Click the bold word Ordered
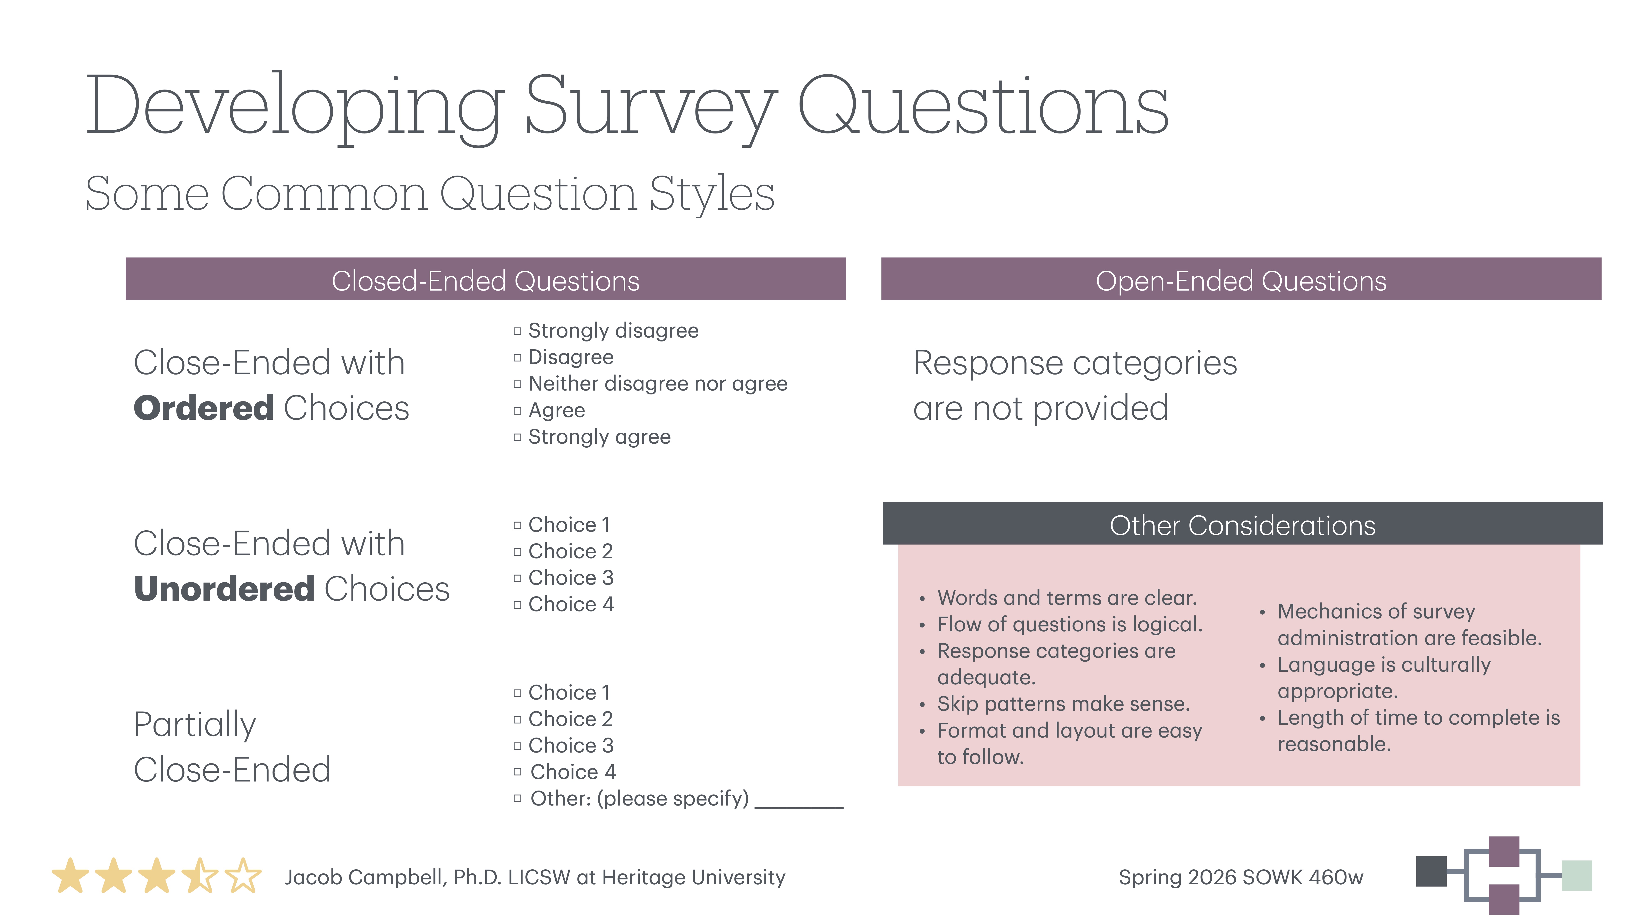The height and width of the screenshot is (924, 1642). (x=203, y=408)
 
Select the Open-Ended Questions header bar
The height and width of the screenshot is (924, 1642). (x=1240, y=279)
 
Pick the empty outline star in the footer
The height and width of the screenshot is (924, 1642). (x=243, y=876)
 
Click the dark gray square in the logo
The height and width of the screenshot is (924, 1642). (x=1431, y=871)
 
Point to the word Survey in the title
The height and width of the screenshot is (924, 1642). (x=650, y=105)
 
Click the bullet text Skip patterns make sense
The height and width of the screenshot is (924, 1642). (x=1063, y=704)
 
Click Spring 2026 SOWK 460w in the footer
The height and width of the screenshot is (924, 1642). (x=1240, y=877)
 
